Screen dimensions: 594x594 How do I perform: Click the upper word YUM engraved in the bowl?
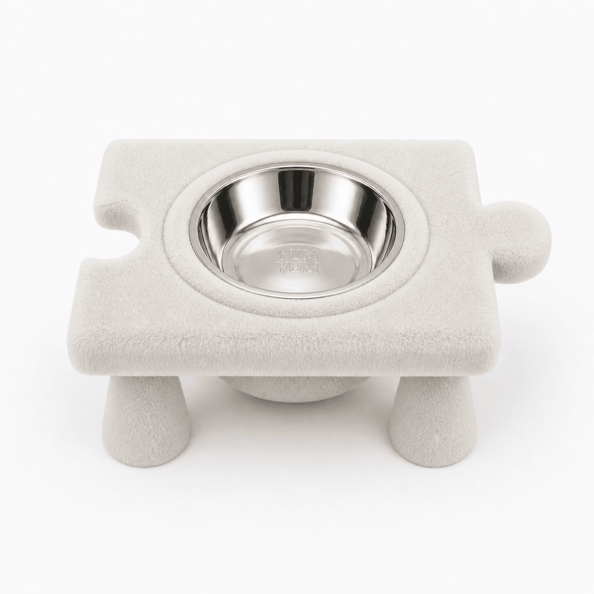point(297,255)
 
